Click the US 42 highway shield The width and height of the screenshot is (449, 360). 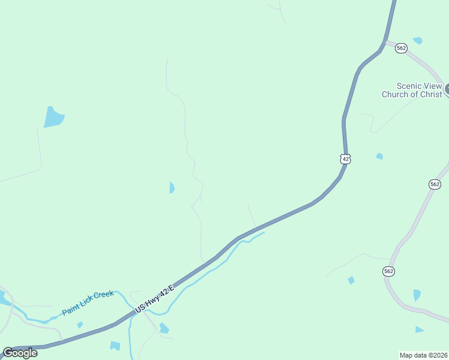coord(345,159)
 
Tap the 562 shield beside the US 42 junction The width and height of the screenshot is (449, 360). coord(402,48)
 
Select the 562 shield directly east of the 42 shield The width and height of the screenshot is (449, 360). coord(435,184)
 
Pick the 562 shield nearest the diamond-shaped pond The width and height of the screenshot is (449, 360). coord(388,271)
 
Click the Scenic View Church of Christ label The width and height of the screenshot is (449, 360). coord(412,90)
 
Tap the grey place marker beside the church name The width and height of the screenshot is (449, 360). coord(447,89)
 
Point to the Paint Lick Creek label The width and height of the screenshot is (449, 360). coord(88,303)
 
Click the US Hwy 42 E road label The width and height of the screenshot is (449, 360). coord(154,299)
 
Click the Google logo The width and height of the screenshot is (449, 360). coord(20,353)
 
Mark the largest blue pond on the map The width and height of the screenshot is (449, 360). coord(53,117)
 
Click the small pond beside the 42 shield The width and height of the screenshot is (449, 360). coord(379,157)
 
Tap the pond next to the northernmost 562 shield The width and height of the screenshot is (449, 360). coord(418,41)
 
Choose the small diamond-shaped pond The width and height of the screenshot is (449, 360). coord(351,280)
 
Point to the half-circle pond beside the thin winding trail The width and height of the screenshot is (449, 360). coord(172,188)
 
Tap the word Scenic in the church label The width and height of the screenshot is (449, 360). coord(409,86)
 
